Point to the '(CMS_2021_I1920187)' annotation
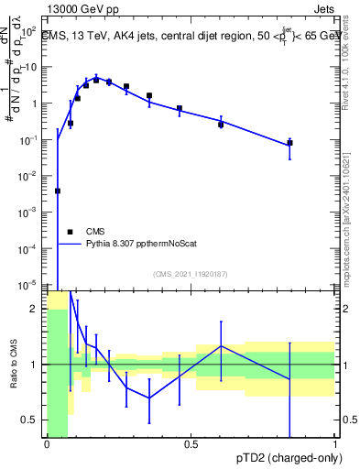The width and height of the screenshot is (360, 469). pos(190,274)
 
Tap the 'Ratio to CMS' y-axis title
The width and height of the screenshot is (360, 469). pos(14,364)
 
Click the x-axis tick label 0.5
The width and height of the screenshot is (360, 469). pos(191,444)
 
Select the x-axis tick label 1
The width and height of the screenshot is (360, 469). pos(335,444)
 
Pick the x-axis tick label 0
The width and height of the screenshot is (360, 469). pos(46,444)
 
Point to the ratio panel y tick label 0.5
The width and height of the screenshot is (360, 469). pos(29,420)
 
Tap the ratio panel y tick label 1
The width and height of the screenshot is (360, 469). pos(34,365)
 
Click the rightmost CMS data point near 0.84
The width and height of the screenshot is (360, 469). pos(289,143)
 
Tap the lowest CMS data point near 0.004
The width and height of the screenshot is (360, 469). pos(58,191)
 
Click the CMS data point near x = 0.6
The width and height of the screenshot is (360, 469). pos(221,125)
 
